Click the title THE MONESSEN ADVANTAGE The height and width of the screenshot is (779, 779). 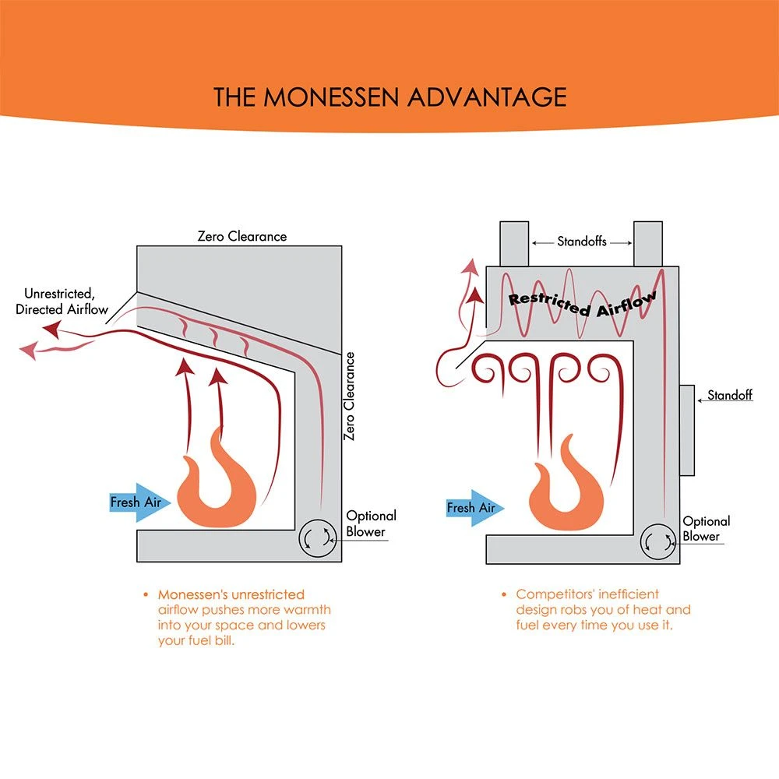[389, 97]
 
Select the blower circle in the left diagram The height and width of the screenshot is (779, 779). [315, 537]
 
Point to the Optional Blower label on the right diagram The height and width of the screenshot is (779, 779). [707, 529]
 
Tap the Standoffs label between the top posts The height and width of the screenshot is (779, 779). [581, 241]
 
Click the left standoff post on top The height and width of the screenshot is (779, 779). [513, 243]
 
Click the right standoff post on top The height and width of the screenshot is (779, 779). [648, 243]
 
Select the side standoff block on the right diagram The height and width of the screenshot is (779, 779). [686, 429]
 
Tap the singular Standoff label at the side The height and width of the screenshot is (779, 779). [730, 396]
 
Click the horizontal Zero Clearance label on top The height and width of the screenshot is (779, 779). [241, 236]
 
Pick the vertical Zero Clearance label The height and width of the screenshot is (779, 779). [350, 397]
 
